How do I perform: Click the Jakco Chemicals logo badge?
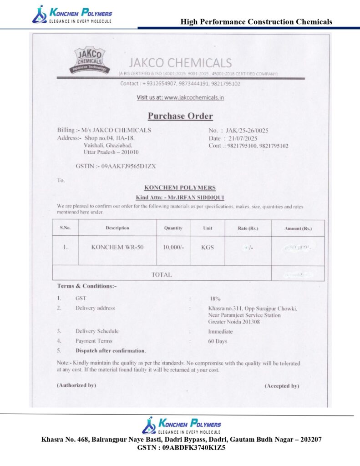point(91,60)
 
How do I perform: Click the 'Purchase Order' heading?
point(180,116)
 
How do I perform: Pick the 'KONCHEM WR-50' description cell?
point(117,247)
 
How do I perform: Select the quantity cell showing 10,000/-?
point(173,247)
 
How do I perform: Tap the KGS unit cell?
point(208,247)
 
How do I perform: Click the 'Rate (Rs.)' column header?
point(248,228)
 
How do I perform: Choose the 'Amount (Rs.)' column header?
point(298,228)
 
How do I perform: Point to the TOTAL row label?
point(162,274)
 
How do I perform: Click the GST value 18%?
point(215,299)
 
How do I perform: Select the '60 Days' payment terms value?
point(218,341)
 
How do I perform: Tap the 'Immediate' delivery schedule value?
point(220,331)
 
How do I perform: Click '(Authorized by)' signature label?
point(76,385)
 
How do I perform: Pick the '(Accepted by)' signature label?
point(282,385)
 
